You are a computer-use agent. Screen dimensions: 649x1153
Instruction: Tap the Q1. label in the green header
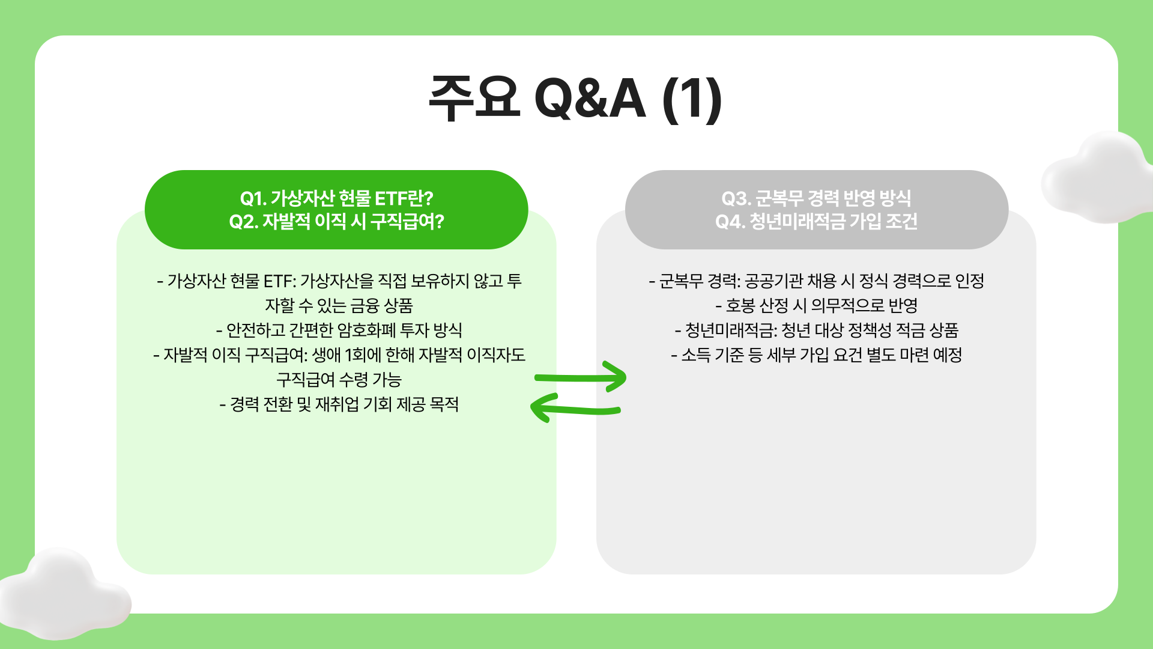coord(253,198)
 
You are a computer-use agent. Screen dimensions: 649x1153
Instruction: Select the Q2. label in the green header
coord(243,222)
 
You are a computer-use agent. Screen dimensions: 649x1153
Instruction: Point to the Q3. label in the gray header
coord(736,198)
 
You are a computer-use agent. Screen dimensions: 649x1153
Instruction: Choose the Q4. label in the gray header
coord(730,222)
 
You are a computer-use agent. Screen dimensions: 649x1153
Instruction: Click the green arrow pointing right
coord(581,377)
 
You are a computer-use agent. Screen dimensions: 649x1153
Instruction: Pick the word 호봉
coord(740,306)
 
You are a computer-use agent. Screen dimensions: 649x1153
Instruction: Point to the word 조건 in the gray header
coord(901,222)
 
